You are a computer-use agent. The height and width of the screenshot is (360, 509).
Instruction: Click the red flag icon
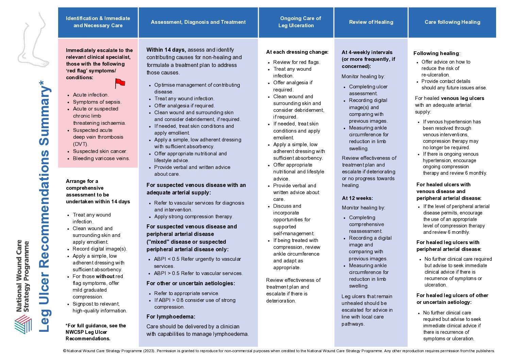(120, 83)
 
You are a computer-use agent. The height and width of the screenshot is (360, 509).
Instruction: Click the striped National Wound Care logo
(23, 324)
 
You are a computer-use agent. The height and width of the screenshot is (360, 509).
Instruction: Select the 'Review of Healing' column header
(371, 22)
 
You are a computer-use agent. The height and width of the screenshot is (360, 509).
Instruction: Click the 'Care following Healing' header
(452, 22)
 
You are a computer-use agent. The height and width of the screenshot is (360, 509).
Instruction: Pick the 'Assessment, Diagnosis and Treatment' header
(198, 22)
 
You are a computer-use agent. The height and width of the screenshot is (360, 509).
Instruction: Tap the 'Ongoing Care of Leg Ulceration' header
(296, 22)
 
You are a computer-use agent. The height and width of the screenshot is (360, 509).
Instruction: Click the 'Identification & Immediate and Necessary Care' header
(98, 22)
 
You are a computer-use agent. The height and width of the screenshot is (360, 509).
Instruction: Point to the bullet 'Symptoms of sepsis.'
(97, 102)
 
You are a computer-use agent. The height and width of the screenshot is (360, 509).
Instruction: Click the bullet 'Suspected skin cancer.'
(100, 151)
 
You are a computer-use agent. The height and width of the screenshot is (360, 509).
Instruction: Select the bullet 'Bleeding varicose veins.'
(101, 158)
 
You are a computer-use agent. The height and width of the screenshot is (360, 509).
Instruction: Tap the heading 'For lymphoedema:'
(171, 317)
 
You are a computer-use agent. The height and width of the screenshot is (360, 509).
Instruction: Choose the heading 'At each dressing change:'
(297, 52)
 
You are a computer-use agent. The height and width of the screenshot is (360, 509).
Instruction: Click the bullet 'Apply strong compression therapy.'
(193, 217)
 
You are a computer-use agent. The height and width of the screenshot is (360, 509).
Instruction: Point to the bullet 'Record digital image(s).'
(100, 249)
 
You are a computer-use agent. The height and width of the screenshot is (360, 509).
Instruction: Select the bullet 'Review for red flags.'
(296, 62)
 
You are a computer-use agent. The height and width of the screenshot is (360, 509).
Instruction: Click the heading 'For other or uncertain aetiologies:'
(190, 284)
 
